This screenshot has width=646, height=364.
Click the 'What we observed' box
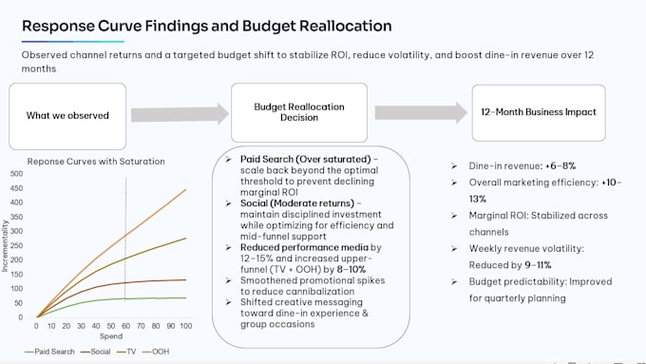coord(67,116)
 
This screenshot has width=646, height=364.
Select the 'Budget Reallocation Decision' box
coord(299,112)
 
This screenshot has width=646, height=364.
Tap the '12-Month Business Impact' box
coord(539,112)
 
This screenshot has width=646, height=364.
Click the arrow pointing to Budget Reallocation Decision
coord(180,114)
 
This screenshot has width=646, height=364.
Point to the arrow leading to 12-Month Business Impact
coord(421,112)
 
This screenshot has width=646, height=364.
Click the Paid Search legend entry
coord(49,352)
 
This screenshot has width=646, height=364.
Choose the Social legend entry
coord(96,352)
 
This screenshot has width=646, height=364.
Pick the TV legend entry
coord(126,352)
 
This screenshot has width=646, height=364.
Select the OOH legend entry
coord(156,352)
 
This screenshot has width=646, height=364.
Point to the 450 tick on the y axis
coord(17,188)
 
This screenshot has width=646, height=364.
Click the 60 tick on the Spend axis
coord(125,326)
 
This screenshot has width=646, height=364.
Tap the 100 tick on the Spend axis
coord(186,326)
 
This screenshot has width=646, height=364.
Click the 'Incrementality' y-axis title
coord(5,246)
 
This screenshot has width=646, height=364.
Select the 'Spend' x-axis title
coord(111,336)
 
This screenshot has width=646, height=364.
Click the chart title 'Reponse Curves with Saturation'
coord(96,162)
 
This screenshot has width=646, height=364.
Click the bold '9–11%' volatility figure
coord(538,265)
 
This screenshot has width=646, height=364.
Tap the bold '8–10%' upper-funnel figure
coord(351,270)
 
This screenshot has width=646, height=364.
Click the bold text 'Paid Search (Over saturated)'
coord(306,159)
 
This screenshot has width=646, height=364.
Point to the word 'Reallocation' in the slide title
coord(345,26)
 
